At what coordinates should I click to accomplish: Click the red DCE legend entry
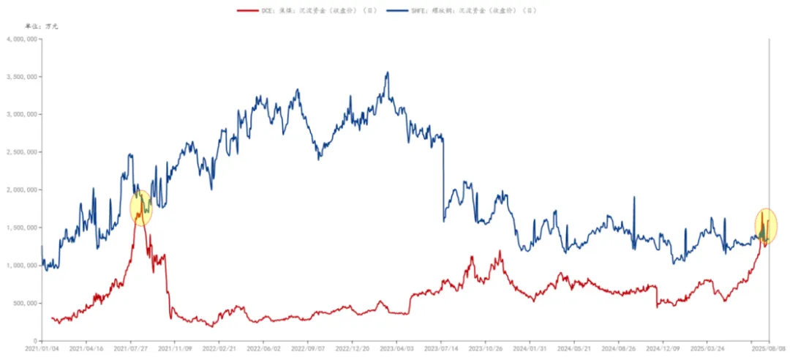[x=307, y=11]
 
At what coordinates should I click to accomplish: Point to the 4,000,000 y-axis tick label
[x=22, y=39]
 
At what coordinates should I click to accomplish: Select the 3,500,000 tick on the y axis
[x=22, y=77]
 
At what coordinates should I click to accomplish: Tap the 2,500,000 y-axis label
[x=22, y=152]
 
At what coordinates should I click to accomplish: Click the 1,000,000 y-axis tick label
[x=22, y=266]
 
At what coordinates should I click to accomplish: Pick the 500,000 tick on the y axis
[x=24, y=303]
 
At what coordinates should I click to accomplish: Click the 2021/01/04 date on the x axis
[x=41, y=350]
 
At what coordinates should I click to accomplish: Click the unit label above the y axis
[x=41, y=26]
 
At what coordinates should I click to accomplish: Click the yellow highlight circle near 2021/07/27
[x=140, y=208]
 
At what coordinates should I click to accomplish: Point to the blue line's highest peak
[x=388, y=72]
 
